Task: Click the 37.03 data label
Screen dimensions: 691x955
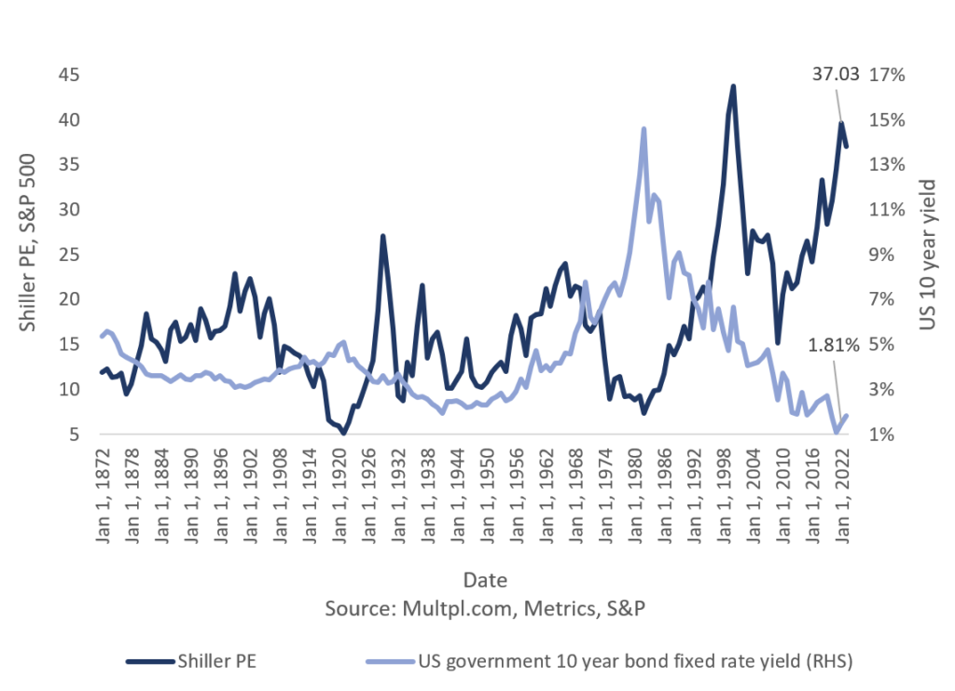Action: [835, 75]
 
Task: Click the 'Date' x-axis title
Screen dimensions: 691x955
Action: [485, 580]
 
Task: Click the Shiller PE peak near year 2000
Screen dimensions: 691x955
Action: [733, 86]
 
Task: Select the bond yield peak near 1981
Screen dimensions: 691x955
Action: [644, 129]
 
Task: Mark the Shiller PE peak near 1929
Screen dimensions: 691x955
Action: [382, 236]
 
